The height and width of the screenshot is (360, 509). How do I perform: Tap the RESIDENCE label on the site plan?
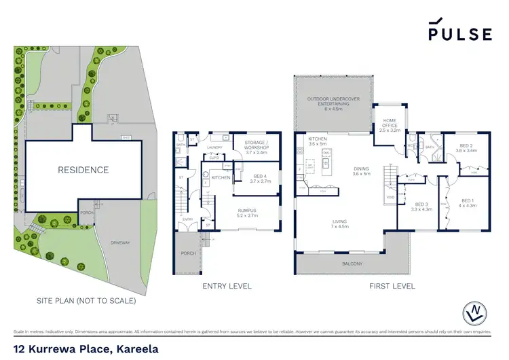pos(83,170)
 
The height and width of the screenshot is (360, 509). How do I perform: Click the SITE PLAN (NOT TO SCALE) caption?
pos(86,300)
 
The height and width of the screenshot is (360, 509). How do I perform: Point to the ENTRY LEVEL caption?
pos(227,286)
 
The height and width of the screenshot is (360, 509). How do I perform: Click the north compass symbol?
pos(479,313)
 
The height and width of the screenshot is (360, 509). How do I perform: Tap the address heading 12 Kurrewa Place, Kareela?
pos(86,349)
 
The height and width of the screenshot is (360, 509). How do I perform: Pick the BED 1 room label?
pos(468,203)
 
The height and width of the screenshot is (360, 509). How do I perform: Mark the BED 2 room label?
pos(468,147)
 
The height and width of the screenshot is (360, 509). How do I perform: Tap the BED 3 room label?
pos(421,206)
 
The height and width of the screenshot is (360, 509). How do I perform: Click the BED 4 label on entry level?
pos(261,178)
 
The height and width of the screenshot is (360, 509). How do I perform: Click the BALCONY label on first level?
pos(352,264)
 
